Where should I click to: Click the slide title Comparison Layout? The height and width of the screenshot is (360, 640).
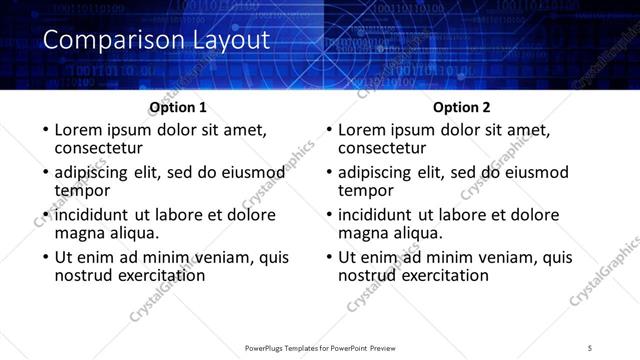pos(156,41)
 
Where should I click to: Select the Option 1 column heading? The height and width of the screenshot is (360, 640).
pos(178,107)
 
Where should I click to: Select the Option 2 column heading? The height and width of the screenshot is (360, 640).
pos(462,107)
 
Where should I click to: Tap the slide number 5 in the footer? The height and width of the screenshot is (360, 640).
pos(590,347)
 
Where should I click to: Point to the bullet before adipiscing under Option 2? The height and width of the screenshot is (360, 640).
pos(327,173)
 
